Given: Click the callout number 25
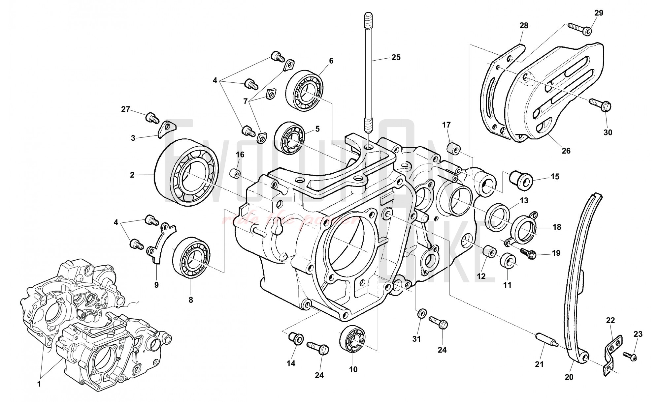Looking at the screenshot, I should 396,57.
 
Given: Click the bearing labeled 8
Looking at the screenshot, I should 191,257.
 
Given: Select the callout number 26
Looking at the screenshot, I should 566,151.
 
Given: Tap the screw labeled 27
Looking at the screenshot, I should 151,117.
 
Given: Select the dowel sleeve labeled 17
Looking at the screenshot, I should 454,148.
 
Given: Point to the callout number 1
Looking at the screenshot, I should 39,384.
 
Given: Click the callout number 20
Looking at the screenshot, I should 569,377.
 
